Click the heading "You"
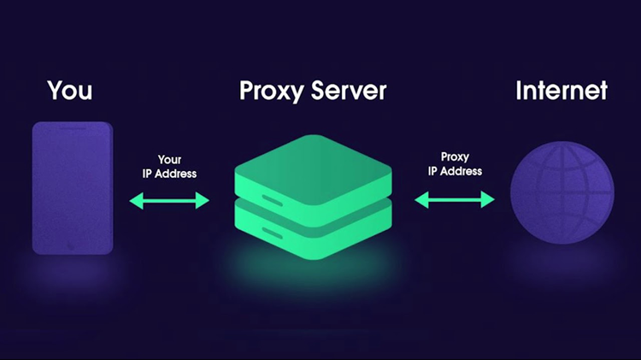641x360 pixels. coord(70,90)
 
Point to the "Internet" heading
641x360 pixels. coord(562,90)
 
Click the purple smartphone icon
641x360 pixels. coord(73,188)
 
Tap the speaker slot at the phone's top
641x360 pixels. coord(73,129)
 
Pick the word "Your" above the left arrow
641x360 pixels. coord(169,159)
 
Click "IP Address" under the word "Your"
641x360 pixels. coord(169,174)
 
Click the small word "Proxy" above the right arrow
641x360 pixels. coord(455,157)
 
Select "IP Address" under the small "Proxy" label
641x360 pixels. coord(455,171)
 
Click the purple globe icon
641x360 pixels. coord(562,192)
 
